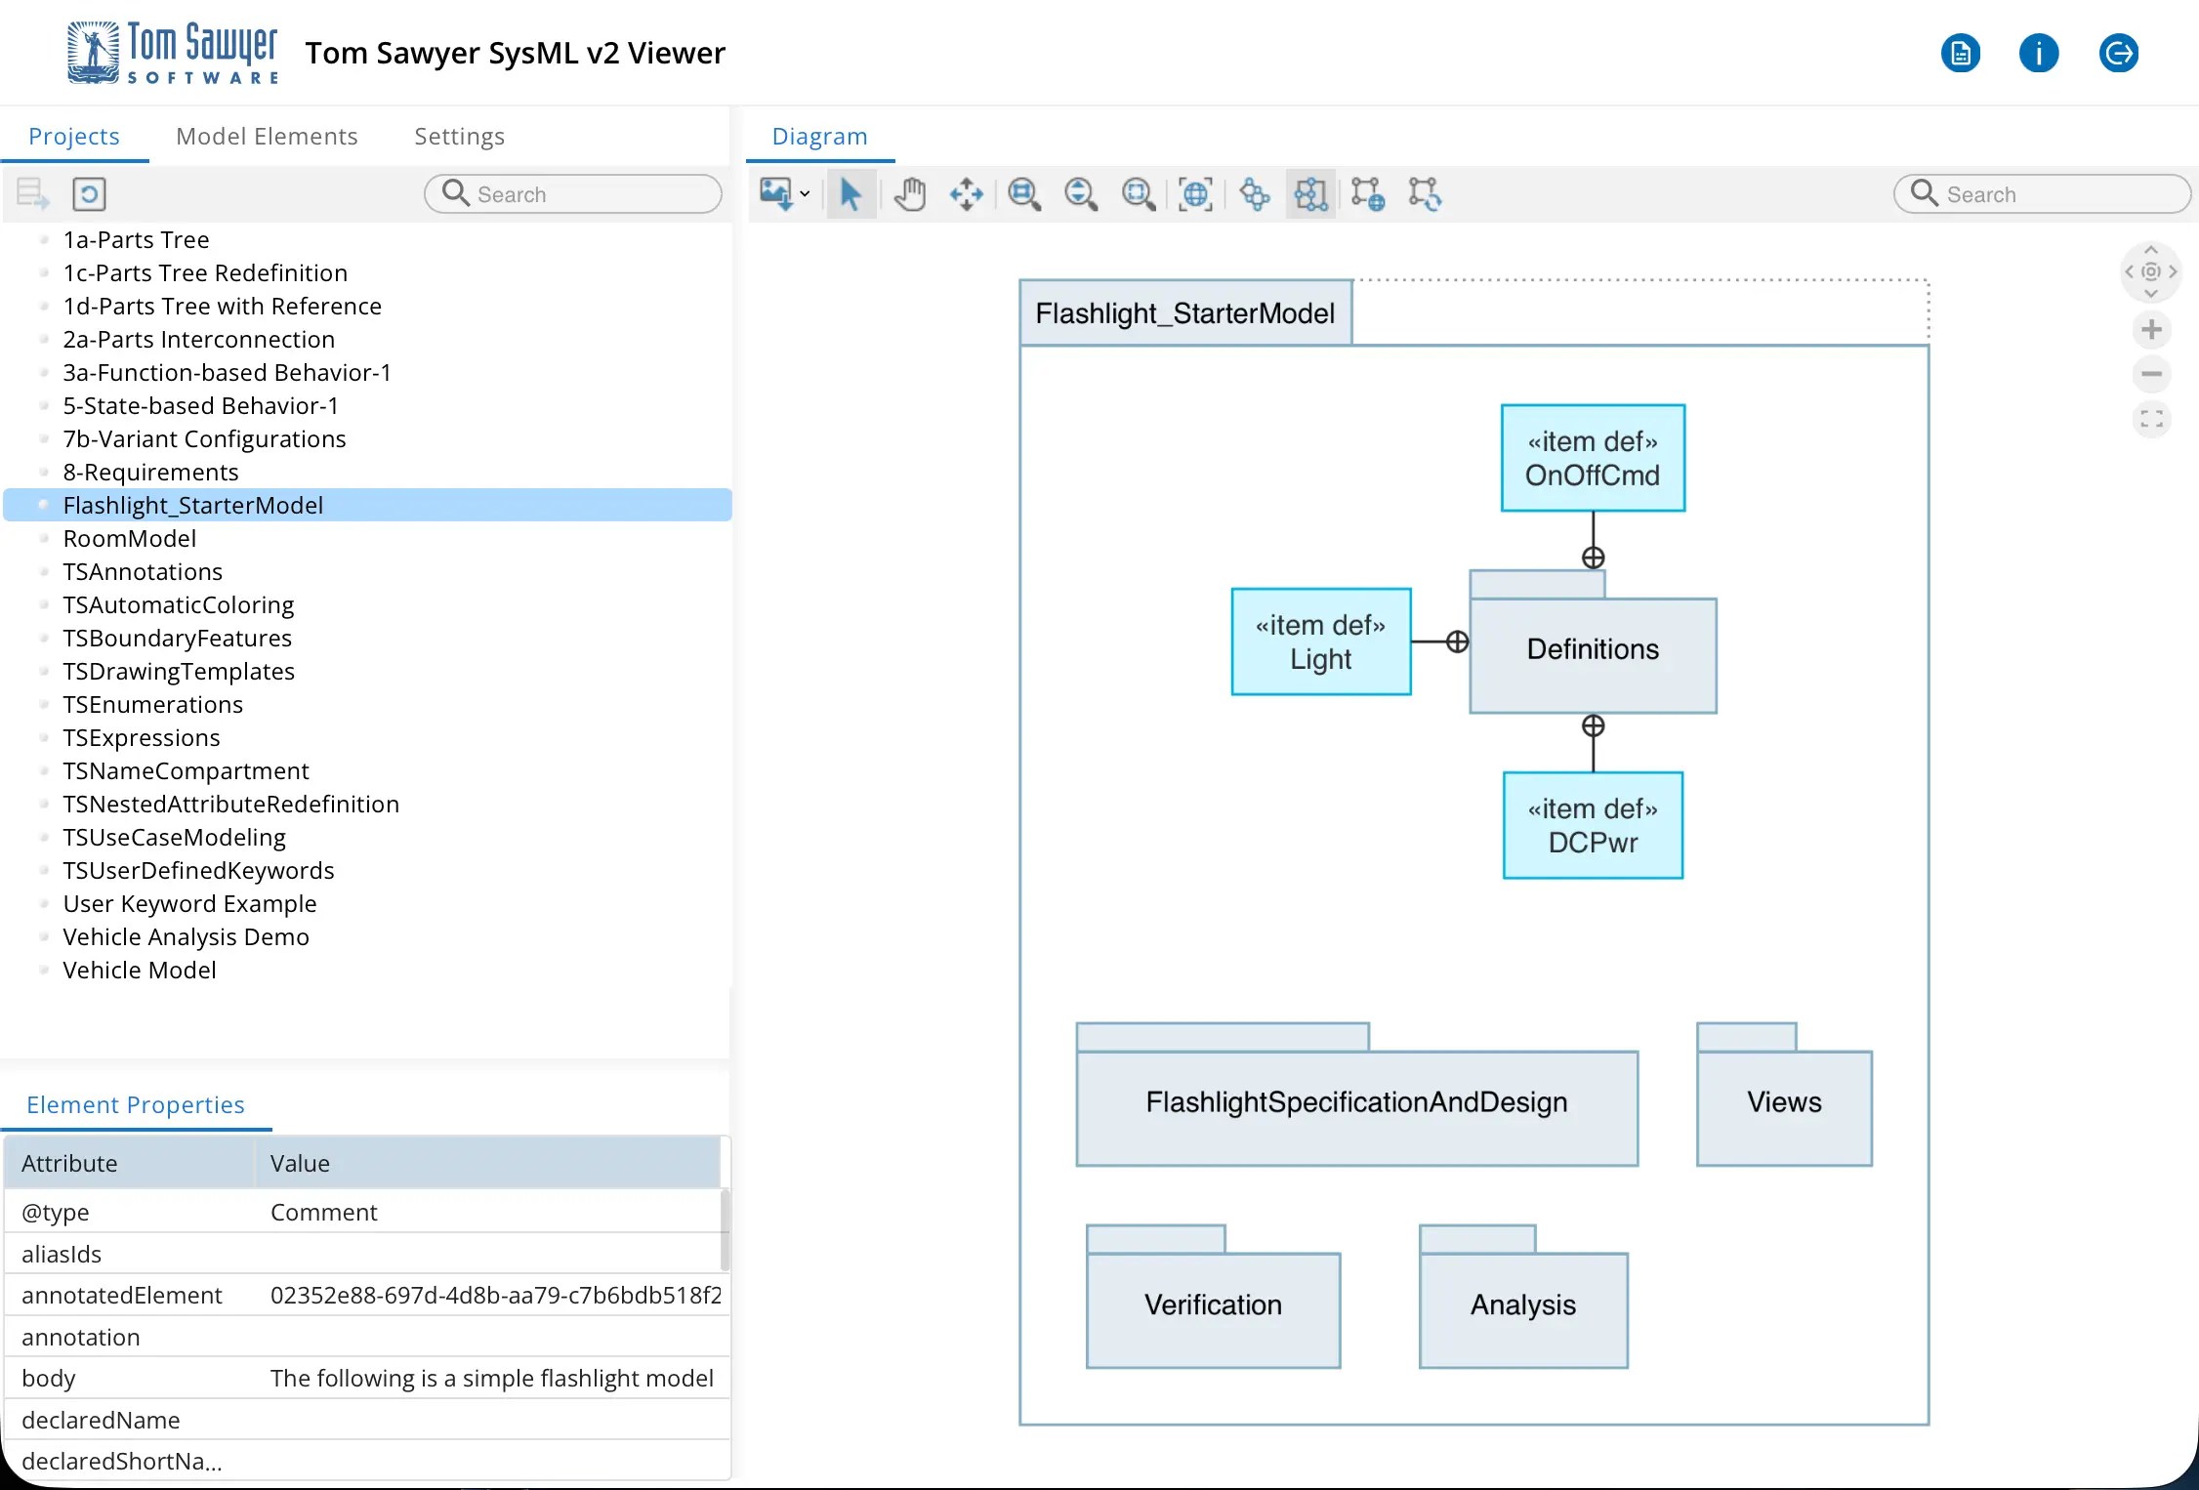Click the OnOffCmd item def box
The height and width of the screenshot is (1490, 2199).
1592,458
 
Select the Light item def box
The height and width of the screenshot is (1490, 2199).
1320,642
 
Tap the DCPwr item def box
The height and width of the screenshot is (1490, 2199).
1592,825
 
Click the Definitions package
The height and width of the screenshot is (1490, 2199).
1592,653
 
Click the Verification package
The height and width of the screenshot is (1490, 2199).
1212,1307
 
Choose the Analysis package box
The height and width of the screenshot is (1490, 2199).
1522,1307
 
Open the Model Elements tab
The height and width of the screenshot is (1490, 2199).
267,136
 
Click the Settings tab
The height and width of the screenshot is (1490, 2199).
459,136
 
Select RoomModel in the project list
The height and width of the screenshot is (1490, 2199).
129,538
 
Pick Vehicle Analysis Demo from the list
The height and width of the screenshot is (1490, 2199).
186,936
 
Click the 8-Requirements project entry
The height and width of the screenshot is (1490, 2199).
150,472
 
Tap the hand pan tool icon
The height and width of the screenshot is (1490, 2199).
909,194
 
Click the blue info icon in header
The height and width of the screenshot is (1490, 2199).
2038,53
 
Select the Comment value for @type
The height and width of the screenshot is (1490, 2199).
323,1212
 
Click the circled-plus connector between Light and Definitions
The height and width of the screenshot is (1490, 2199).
1456,642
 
